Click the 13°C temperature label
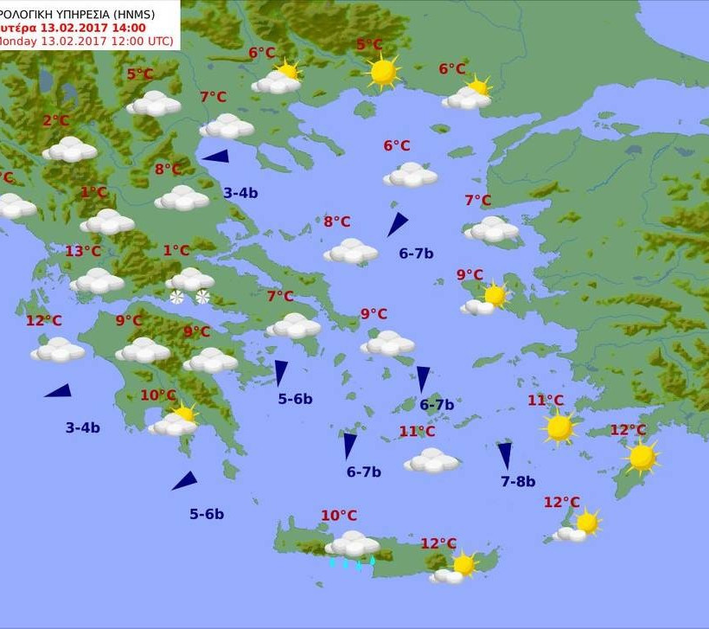point(83,252)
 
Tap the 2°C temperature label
point(55,121)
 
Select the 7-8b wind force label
point(518,482)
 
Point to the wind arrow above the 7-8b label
point(505,456)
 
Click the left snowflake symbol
point(176,298)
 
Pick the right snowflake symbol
point(202,298)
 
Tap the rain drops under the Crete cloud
point(351,563)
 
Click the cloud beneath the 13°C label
point(97,280)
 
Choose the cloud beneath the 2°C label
point(69,150)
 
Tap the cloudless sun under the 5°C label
point(383,72)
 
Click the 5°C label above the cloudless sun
point(369,45)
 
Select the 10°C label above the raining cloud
point(339,516)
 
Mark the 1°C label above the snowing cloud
point(176,251)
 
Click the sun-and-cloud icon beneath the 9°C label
point(485,298)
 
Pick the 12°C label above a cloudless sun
point(628,430)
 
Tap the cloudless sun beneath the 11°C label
point(559,427)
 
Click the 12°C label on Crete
point(438,543)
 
